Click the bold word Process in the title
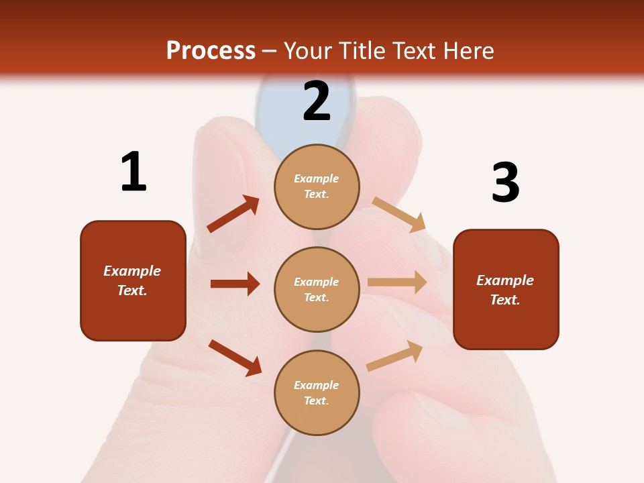[211, 51]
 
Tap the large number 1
[133, 172]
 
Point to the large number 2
[317, 101]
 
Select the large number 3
[505, 182]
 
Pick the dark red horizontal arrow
[235, 284]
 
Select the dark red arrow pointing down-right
[235, 358]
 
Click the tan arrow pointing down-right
[399, 215]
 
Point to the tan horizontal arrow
[397, 282]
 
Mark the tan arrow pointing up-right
[394, 356]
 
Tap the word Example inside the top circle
[317, 178]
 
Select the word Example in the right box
[505, 280]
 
